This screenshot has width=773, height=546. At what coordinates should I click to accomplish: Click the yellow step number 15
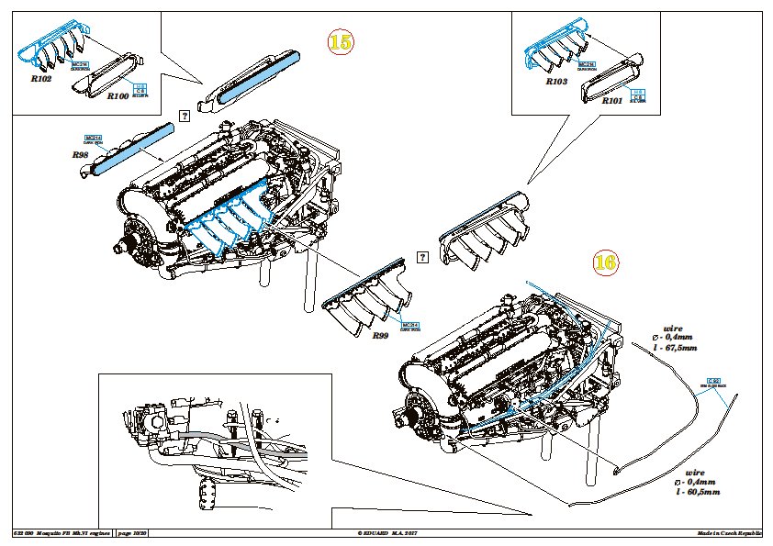(x=340, y=41)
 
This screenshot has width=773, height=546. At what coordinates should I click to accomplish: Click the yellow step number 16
(x=605, y=262)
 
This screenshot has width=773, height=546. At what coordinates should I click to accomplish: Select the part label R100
(x=118, y=95)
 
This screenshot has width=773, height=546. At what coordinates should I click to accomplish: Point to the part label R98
(x=80, y=155)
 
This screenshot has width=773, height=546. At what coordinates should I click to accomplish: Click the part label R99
(x=381, y=336)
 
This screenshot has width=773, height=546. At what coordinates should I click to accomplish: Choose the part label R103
(x=557, y=82)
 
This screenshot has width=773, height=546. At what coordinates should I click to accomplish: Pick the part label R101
(x=612, y=99)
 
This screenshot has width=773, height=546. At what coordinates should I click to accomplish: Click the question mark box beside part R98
(x=184, y=116)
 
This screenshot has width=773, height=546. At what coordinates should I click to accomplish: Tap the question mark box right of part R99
(x=423, y=258)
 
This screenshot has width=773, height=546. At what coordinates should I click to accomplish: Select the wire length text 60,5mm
(x=698, y=493)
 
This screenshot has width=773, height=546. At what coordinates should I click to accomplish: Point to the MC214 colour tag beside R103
(x=581, y=64)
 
